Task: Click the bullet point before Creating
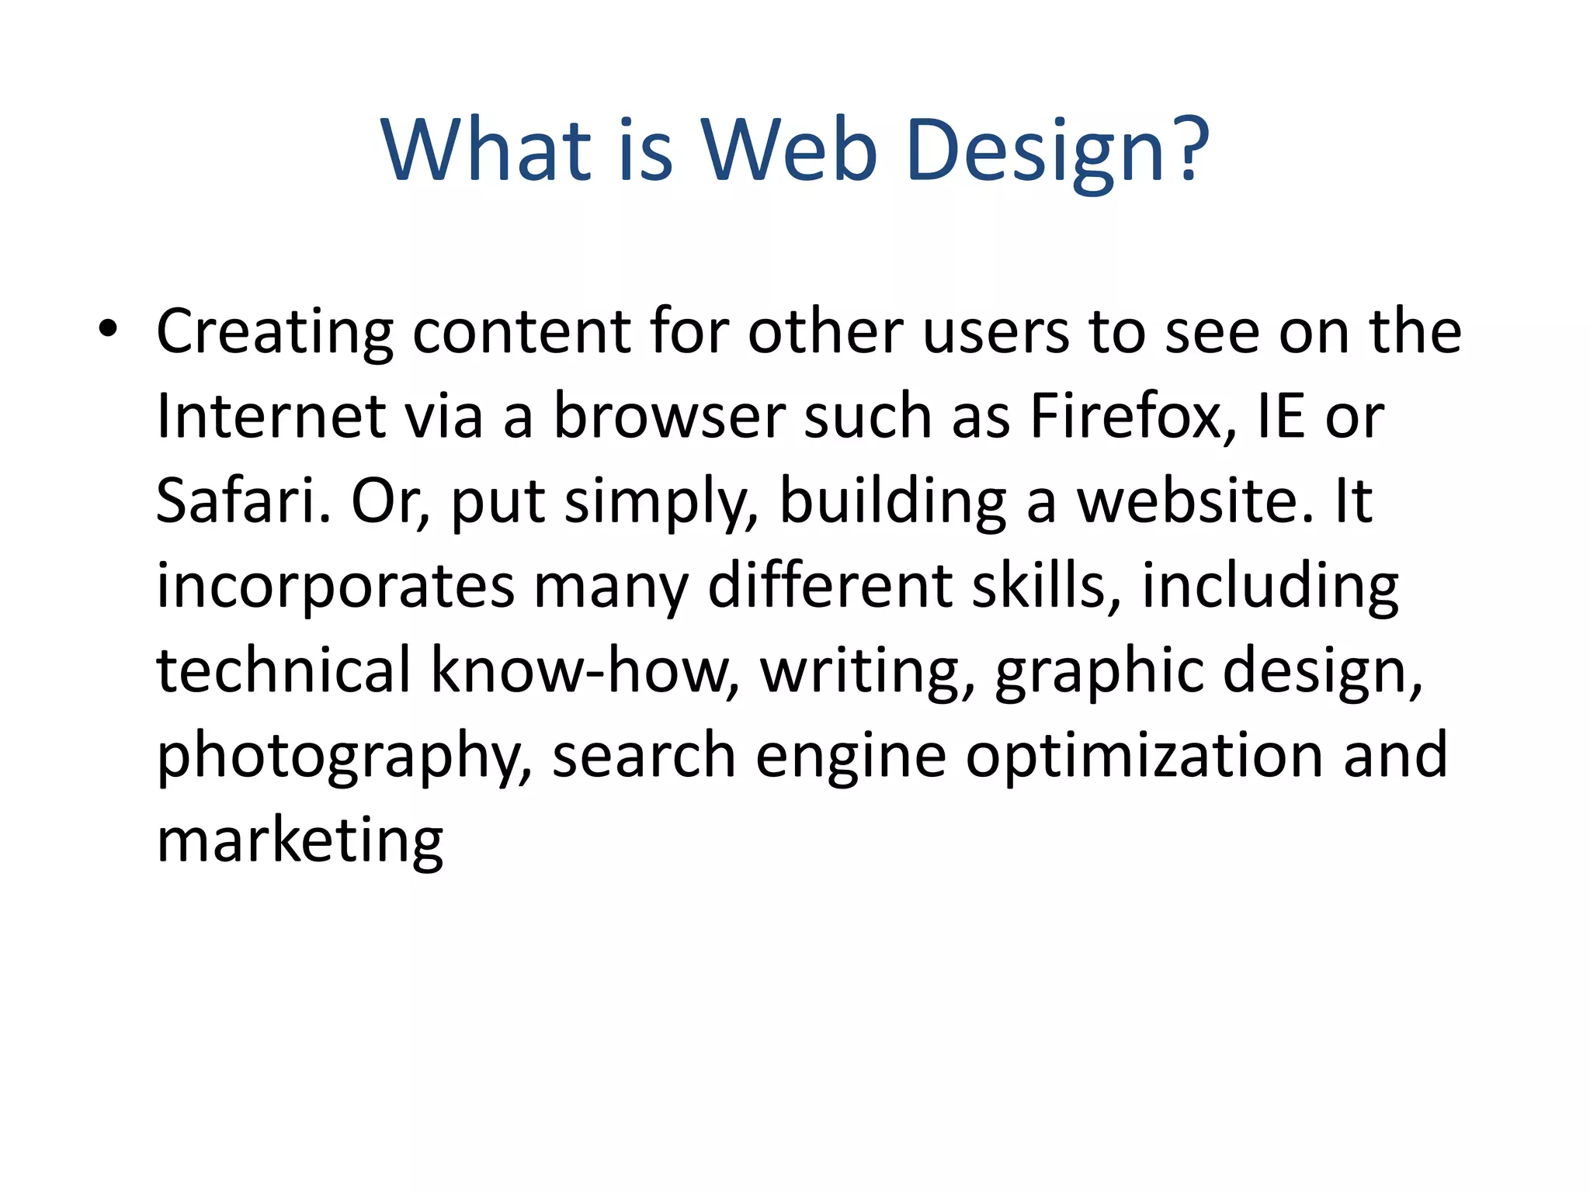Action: (x=108, y=329)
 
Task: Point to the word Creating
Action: (x=275, y=332)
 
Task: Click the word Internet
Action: (x=271, y=417)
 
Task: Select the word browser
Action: (x=668, y=417)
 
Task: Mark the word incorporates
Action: (x=335, y=586)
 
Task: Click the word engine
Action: (x=851, y=757)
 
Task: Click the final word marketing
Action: (x=300, y=841)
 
